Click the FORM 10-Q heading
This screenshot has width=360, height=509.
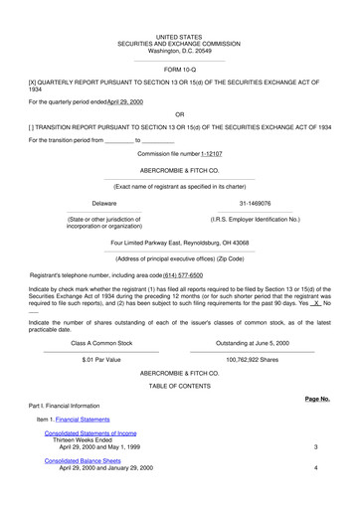pos(179,70)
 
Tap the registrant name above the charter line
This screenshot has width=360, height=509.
pos(179,170)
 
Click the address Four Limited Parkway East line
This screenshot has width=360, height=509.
pos(179,243)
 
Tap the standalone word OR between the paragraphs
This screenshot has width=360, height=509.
pos(179,114)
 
